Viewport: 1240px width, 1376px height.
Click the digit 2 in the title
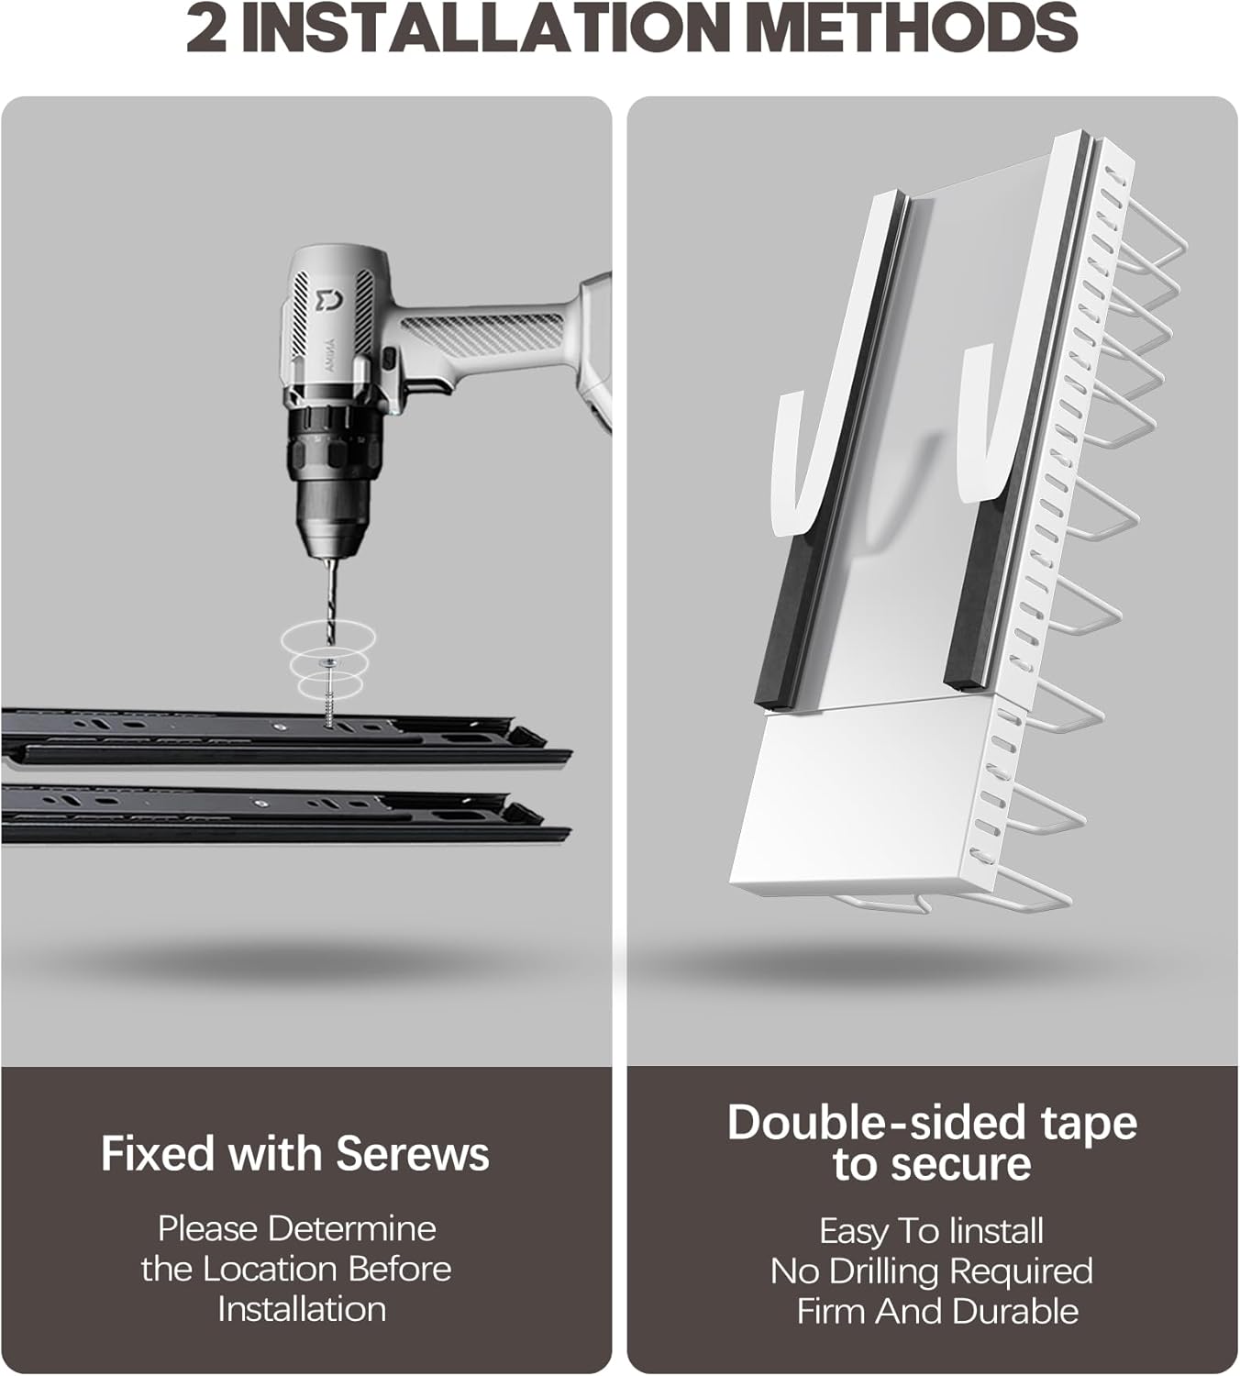(205, 29)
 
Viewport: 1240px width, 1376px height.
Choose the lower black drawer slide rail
(285, 815)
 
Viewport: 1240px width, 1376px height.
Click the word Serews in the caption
(413, 1153)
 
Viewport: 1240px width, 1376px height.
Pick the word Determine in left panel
(352, 1228)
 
